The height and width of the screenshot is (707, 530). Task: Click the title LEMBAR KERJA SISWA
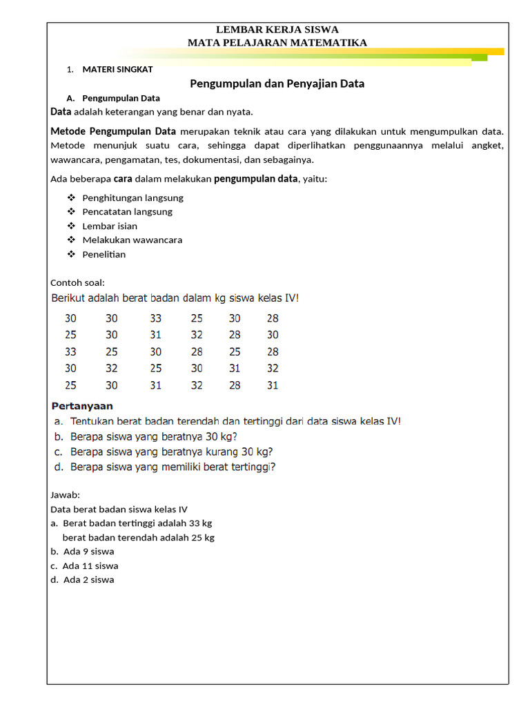point(277,30)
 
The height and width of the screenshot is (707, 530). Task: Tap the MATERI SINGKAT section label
point(117,70)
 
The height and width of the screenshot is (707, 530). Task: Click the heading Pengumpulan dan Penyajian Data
point(277,84)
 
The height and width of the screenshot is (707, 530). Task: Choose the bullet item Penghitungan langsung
point(132,197)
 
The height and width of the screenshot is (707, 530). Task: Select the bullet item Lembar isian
point(110,226)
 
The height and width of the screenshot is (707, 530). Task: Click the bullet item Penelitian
point(104,254)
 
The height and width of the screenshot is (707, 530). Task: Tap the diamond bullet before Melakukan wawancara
point(70,240)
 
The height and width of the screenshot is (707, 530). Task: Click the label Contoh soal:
point(77,282)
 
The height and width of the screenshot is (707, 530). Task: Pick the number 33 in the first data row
point(155,319)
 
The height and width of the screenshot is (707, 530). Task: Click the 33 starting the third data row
point(71,352)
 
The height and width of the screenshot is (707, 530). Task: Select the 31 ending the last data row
point(273,385)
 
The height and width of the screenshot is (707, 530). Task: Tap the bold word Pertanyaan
point(83,406)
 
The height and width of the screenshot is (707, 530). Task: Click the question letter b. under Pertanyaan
point(59,436)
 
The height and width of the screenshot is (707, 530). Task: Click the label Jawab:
point(66,495)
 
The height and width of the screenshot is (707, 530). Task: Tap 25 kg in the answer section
point(202,537)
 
